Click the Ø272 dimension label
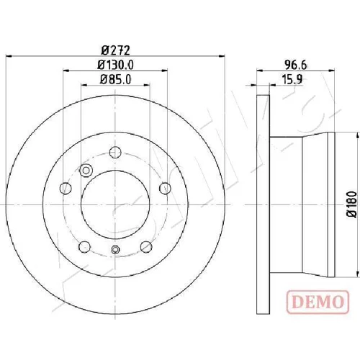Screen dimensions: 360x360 point(116,50)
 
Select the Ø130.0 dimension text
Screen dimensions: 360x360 point(115,65)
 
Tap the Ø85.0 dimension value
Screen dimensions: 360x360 point(115,79)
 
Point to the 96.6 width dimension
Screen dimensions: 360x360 point(296,65)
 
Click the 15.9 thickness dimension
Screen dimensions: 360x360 point(292,79)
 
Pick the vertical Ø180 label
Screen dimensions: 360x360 point(352,204)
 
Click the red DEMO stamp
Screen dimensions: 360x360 point(318,302)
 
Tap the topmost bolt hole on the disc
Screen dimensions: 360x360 point(115,152)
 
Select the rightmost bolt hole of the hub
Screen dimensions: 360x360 point(165,188)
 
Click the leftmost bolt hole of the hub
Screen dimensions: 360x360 point(66,188)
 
